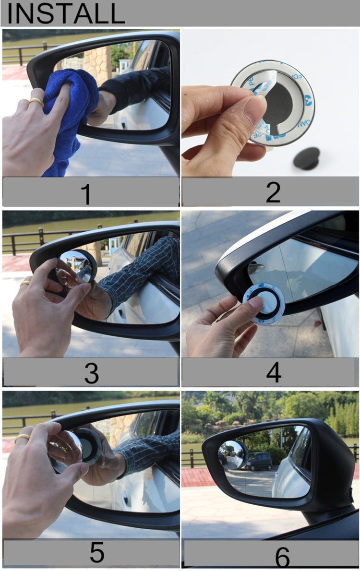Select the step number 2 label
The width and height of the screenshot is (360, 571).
click(x=273, y=192)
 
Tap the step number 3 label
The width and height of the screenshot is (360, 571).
click(x=91, y=372)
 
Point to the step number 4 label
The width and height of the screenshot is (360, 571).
click(x=273, y=372)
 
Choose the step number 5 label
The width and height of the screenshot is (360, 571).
click(x=96, y=553)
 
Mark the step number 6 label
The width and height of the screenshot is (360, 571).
click(x=282, y=557)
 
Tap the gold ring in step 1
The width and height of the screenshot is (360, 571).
click(x=36, y=102)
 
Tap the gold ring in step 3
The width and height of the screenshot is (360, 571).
click(x=24, y=283)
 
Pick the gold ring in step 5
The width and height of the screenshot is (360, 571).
click(x=22, y=438)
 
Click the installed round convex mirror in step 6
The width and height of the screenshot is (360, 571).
click(x=233, y=454)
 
